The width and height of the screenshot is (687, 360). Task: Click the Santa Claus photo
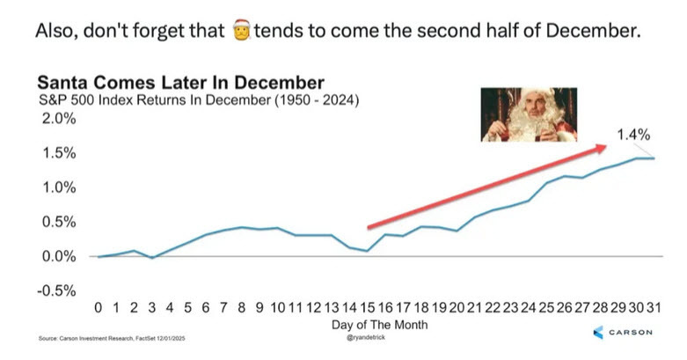pyautogui.click(x=528, y=115)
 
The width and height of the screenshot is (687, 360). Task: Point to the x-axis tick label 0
pyautogui.click(x=99, y=309)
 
